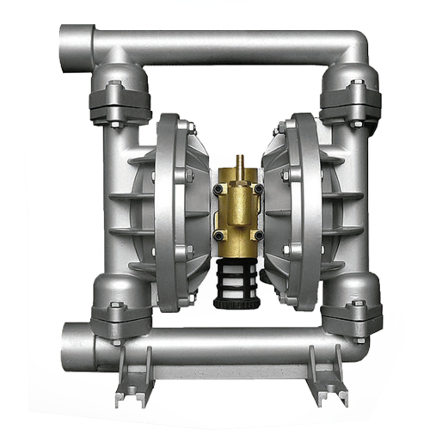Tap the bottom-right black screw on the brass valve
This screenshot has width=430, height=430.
pyautogui.click(x=255, y=233)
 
